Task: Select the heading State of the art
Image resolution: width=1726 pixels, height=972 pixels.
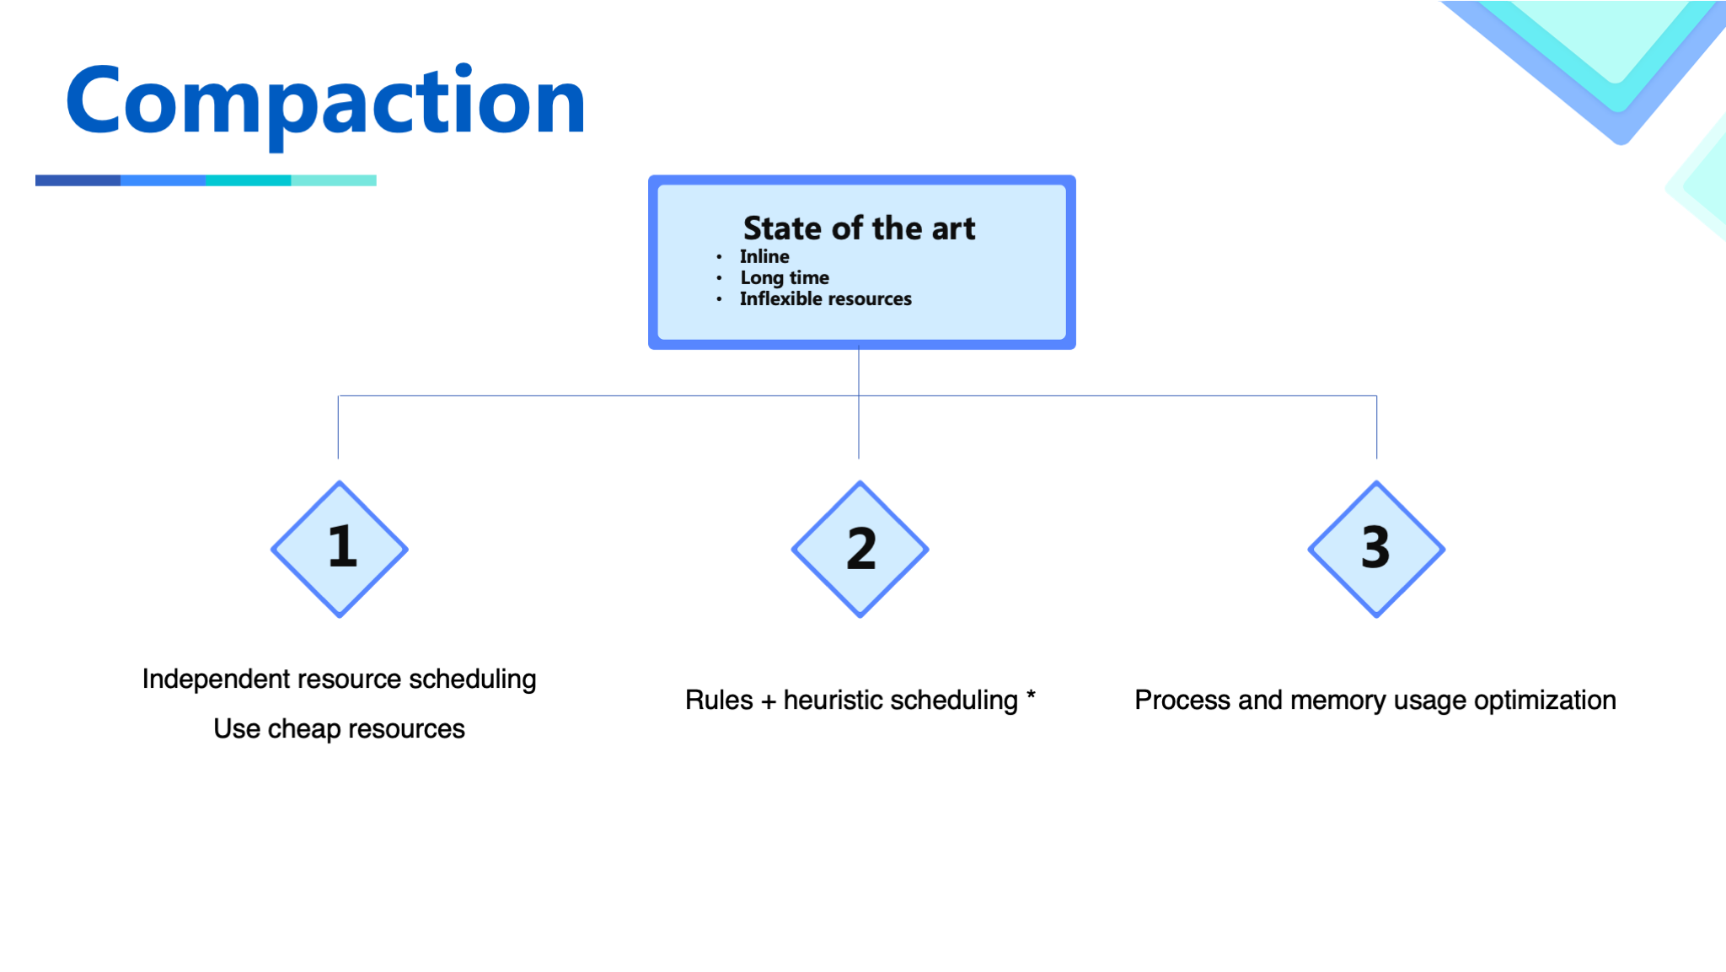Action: click(859, 228)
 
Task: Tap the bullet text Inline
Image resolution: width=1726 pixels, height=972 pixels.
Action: click(764, 256)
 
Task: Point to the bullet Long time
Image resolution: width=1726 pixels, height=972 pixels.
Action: click(785, 277)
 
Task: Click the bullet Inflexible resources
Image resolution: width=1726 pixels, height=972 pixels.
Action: click(826, 298)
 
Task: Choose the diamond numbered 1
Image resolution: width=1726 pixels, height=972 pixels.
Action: click(340, 550)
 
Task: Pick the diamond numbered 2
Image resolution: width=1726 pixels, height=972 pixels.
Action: click(860, 550)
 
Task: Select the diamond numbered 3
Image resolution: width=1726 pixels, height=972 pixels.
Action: click(1376, 550)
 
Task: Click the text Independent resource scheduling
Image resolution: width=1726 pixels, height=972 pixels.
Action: click(339, 679)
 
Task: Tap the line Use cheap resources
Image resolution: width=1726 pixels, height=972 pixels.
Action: click(339, 728)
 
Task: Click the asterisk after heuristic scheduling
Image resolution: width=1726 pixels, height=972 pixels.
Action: click(1031, 695)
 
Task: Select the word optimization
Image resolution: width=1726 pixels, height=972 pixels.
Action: click(1545, 700)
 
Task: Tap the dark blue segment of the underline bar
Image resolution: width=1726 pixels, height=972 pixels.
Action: click(78, 180)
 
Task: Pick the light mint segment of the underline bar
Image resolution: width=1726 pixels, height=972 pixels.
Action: click(334, 180)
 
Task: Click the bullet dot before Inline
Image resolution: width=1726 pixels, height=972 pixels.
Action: click(719, 256)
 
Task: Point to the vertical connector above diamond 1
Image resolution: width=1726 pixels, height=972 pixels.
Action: click(338, 427)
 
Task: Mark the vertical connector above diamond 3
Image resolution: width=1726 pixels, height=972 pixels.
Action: click(1376, 427)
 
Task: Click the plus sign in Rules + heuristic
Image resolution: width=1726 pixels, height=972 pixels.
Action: click(768, 701)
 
